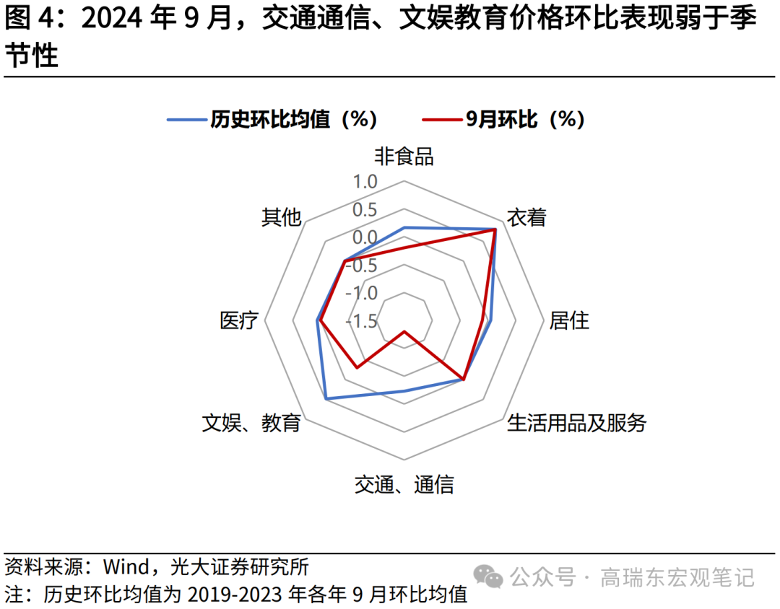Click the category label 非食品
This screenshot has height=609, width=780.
click(404, 157)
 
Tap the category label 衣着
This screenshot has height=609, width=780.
click(526, 217)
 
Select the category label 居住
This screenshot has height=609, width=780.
click(569, 320)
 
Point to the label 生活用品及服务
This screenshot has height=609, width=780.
click(576, 423)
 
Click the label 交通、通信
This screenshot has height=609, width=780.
click(404, 485)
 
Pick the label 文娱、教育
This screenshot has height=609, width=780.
click(251, 423)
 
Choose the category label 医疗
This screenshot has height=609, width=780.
click(239, 320)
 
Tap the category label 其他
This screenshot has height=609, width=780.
click(281, 217)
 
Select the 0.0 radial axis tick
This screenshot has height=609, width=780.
click(365, 237)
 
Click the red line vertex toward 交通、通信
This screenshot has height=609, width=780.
click(404, 331)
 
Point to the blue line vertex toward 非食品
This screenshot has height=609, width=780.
click(404, 227)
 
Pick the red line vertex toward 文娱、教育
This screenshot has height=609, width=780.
click(356, 368)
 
